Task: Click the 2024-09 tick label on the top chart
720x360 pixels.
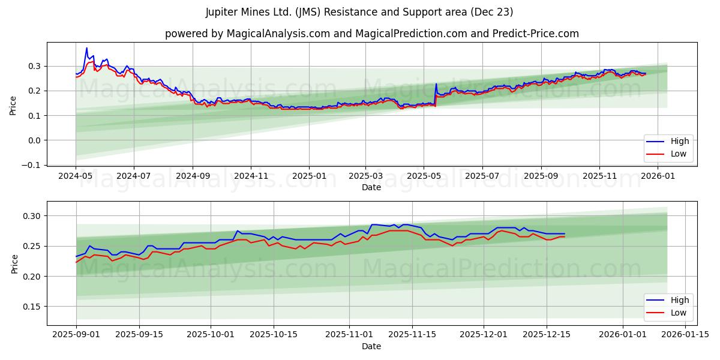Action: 193,176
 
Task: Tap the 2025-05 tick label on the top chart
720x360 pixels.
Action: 424,176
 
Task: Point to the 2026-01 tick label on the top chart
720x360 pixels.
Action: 659,176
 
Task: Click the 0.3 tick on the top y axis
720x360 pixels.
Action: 38,66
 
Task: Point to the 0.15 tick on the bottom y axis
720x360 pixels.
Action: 35,307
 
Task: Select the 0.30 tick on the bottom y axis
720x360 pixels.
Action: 35,216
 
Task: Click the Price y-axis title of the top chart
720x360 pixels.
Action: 13,106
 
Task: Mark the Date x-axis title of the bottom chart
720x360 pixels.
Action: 371,346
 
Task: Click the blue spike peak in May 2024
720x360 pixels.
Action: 86,48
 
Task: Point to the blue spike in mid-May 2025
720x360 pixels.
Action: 436,84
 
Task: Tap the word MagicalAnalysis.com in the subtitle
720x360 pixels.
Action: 278,34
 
